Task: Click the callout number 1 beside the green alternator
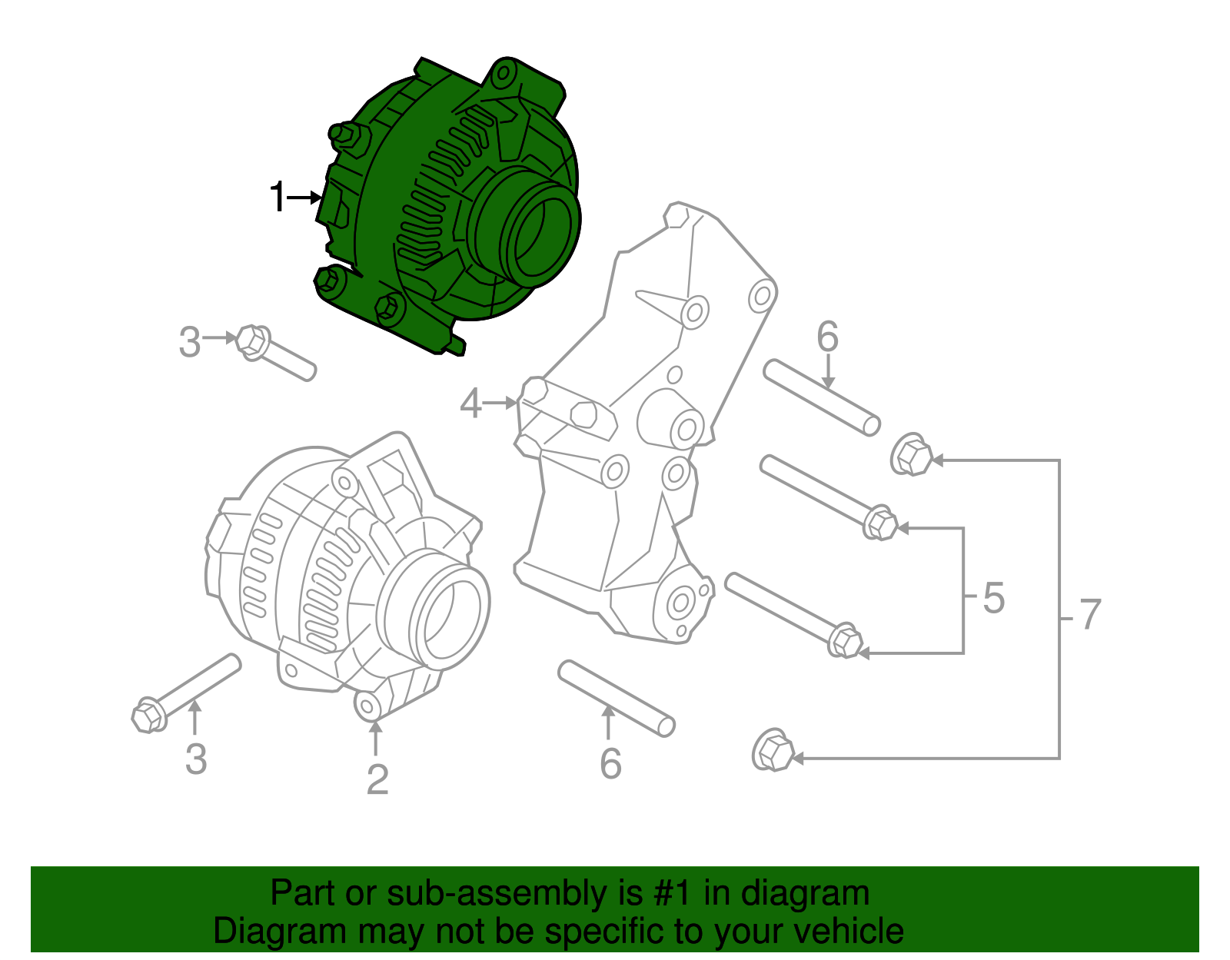[x=278, y=198]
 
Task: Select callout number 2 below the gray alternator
[x=377, y=779]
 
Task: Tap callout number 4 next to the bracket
[x=470, y=403]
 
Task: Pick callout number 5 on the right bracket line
[x=993, y=598]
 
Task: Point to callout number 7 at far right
[x=1090, y=615]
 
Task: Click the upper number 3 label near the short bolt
[x=189, y=342]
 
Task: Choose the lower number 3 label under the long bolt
[x=196, y=759]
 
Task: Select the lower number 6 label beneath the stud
[x=610, y=763]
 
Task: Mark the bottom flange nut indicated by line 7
[x=773, y=751]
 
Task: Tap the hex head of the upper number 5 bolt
[x=880, y=523]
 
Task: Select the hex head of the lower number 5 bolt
[x=845, y=640]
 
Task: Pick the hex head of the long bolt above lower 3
[x=148, y=716]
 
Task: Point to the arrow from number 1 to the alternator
[x=304, y=198]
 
